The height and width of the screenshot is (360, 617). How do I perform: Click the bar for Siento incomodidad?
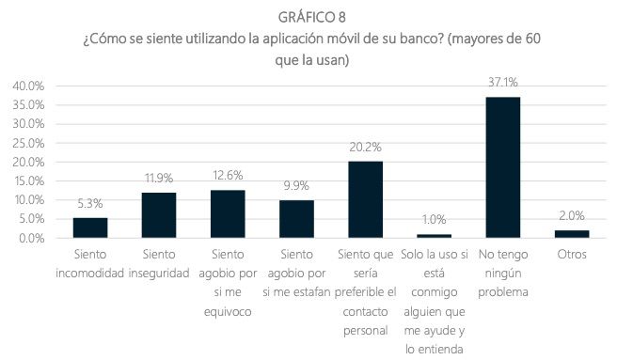[89, 227]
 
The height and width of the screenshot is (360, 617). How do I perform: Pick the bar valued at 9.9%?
[295, 219]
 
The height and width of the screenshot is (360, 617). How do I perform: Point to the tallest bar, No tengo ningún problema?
[502, 167]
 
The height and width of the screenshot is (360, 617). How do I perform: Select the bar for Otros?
[571, 234]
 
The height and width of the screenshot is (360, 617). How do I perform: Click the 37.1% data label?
[502, 83]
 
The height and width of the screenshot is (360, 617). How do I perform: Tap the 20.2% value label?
[365, 148]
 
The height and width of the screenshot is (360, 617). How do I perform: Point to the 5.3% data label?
[89, 204]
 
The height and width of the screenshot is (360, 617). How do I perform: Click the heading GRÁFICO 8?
[308, 18]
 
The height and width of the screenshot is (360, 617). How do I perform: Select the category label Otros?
[571, 255]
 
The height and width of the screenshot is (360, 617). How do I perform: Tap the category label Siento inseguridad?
[158, 263]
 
